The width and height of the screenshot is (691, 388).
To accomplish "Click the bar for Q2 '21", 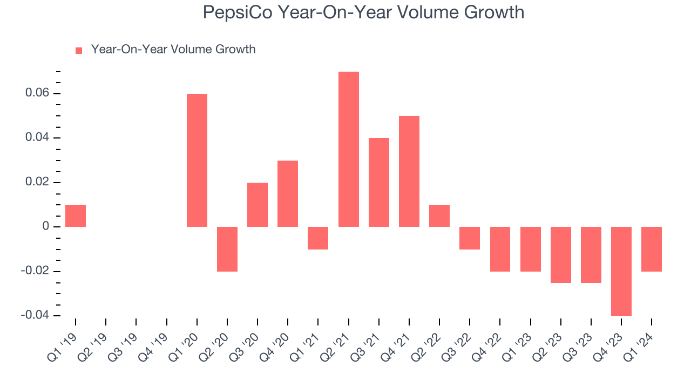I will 348,149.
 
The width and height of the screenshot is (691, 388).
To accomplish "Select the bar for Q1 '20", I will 197,160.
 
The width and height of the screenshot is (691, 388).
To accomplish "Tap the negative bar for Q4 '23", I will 621,271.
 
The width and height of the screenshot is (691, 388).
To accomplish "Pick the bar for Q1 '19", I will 76,216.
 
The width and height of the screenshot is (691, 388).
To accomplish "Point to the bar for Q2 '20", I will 227,249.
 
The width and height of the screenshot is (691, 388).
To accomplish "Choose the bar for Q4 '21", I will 409,171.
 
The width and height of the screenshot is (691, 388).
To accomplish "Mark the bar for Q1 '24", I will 652,249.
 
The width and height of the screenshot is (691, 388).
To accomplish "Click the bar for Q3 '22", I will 470,238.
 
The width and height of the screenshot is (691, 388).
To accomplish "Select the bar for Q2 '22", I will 439,216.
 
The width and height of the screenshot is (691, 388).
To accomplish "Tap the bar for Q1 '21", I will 318,238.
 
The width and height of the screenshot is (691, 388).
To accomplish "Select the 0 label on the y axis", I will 45,227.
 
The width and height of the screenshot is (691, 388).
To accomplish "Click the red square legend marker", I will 79,50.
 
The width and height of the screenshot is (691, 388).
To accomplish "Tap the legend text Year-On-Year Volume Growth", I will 173,50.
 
